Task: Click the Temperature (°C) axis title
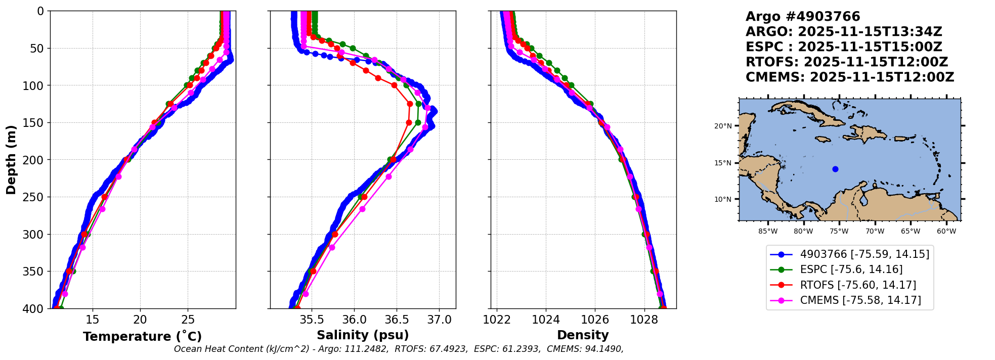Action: tap(142, 337)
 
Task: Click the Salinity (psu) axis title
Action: tap(363, 335)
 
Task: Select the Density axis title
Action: tap(583, 335)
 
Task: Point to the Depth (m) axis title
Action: tap(11, 160)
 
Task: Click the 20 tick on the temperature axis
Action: tap(140, 320)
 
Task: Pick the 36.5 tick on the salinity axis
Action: tap(396, 320)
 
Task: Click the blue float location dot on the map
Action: tap(835, 169)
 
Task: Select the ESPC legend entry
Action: tap(851, 269)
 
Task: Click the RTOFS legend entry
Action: tap(858, 285)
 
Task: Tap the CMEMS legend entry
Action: tap(860, 300)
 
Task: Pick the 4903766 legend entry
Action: tap(864, 254)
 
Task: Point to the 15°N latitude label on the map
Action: tap(723, 163)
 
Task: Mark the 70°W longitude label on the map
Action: tap(875, 232)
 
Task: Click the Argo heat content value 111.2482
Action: tap(369, 349)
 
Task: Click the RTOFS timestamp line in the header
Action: tap(846, 62)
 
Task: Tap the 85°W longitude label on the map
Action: tap(768, 232)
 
